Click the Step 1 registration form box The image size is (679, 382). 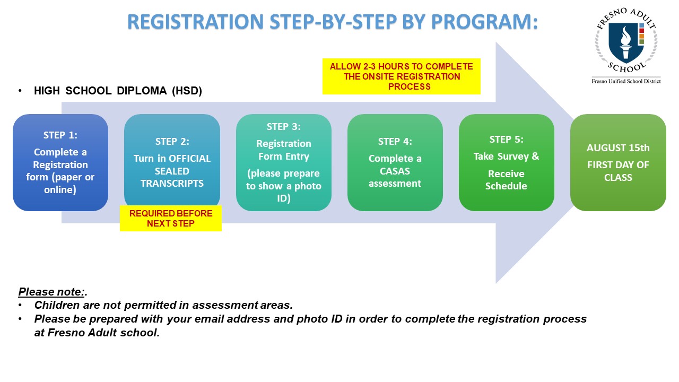(60, 162)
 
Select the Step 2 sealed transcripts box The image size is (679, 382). (172, 161)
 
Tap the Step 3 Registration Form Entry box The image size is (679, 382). (284, 162)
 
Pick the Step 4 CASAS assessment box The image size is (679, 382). (395, 162)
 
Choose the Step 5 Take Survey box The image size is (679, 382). (507, 162)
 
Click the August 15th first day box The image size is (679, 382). (618, 162)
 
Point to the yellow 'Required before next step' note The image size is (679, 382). (171, 218)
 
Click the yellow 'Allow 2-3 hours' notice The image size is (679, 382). (402, 76)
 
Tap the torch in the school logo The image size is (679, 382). (625, 42)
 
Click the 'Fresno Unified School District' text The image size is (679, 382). (626, 81)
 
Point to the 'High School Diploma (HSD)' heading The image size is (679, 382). (118, 91)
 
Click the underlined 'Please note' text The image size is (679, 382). (51, 292)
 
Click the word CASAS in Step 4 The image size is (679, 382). (395, 171)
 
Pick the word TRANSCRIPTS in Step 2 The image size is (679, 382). (172, 184)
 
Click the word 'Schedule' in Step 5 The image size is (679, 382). (506, 186)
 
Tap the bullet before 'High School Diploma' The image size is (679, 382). (20, 91)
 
